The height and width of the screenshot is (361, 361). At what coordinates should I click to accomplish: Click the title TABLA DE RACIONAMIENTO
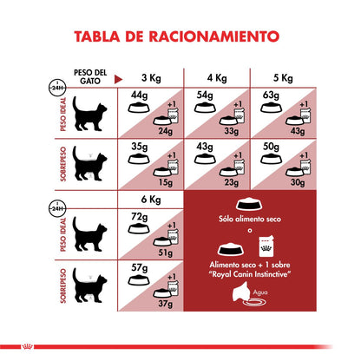[180, 36]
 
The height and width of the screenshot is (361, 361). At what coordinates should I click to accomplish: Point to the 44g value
[139, 95]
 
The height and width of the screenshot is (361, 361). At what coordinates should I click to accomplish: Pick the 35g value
[139, 147]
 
